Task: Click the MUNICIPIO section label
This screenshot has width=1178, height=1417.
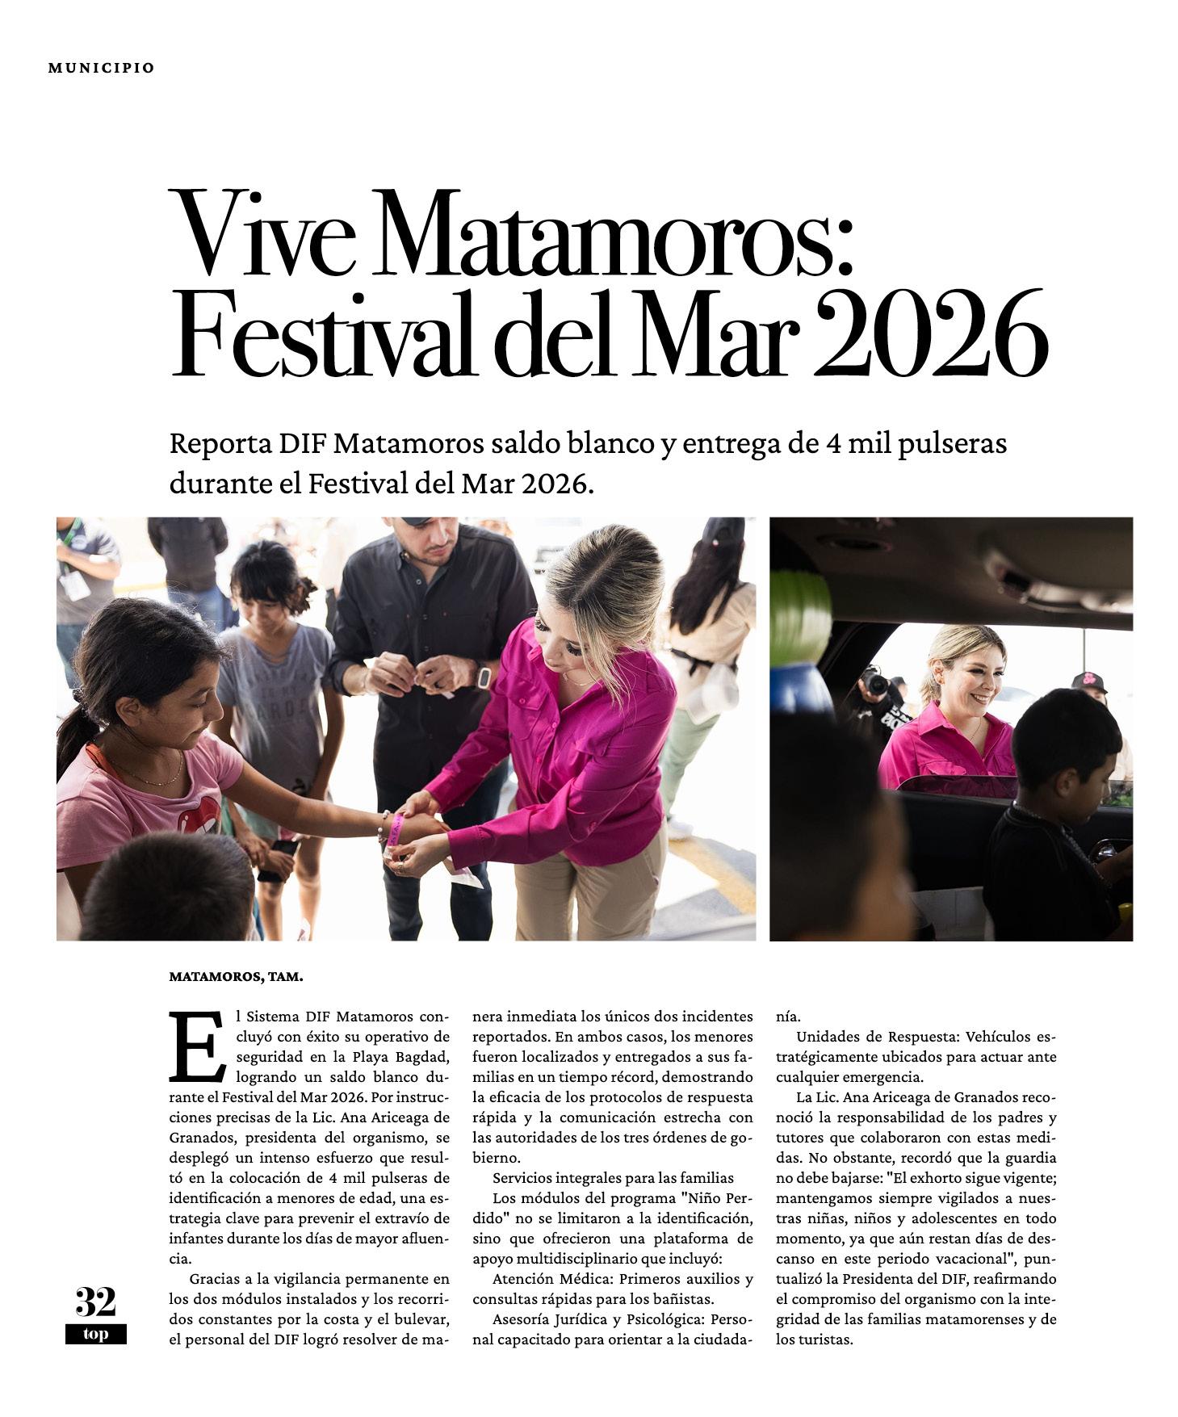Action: [x=101, y=68]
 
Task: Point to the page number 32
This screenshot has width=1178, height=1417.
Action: [x=96, y=1302]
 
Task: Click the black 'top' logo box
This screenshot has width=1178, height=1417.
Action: [x=96, y=1334]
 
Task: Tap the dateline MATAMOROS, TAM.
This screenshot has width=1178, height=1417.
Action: [x=236, y=977]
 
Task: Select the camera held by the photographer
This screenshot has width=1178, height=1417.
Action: [x=875, y=685]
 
